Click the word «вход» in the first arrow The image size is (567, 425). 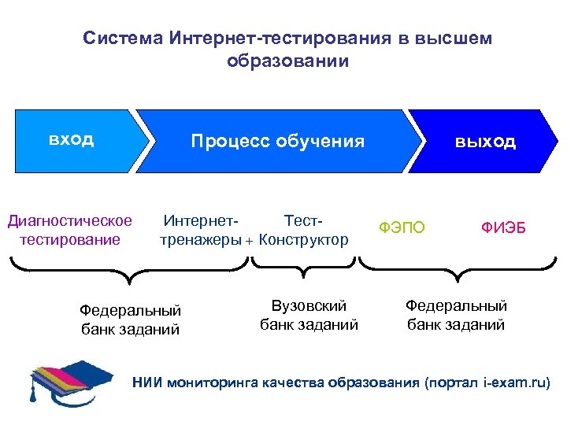[x=71, y=140]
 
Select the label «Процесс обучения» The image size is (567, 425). [x=278, y=142]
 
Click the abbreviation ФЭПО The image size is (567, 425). [x=402, y=228]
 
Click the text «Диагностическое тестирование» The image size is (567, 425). [x=70, y=230]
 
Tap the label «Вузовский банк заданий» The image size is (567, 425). [x=309, y=315]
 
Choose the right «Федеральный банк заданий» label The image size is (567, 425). [x=456, y=315]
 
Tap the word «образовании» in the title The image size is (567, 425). [x=287, y=61]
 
